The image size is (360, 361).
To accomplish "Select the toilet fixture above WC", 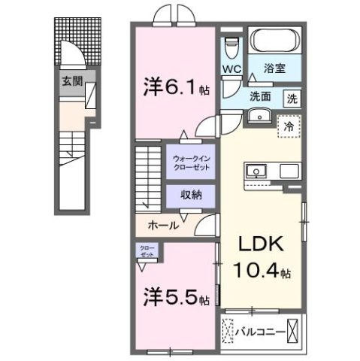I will coord(231,47).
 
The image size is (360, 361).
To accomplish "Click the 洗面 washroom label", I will coord(260,96).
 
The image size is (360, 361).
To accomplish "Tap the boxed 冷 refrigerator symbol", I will coord(288,126).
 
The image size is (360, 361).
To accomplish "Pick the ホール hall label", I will coord(163,224).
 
